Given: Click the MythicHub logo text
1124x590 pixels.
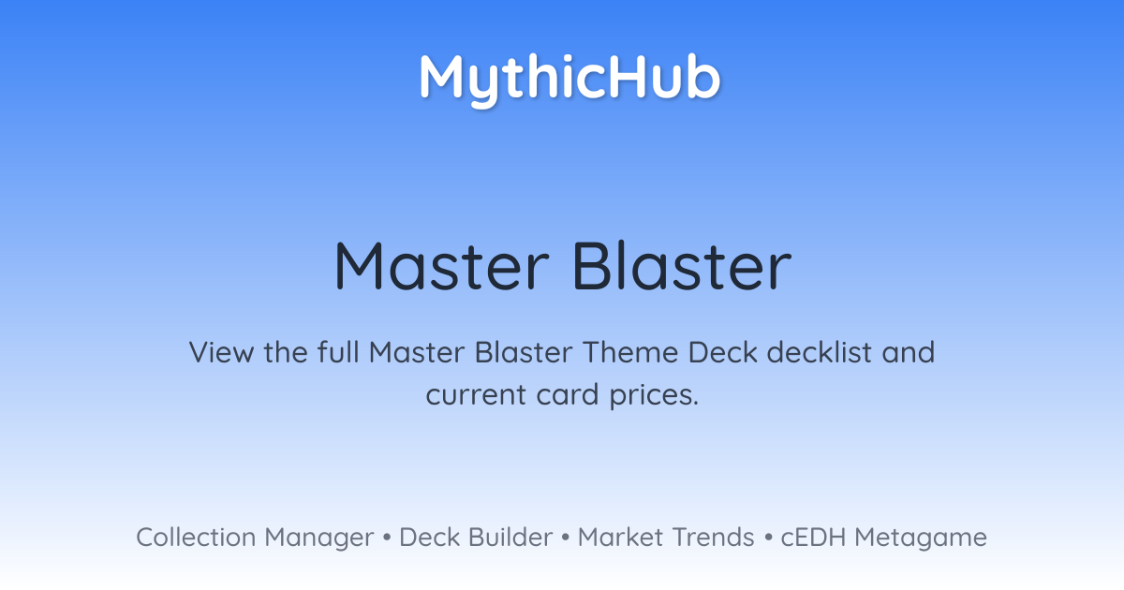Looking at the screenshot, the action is tap(570, 80).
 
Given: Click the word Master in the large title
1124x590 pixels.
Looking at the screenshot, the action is tap(442, 266).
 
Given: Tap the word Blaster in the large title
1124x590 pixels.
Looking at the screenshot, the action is tap(682, 266).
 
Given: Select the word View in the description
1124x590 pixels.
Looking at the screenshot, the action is tap(222, 352).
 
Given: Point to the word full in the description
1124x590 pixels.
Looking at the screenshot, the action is tap(339, 351).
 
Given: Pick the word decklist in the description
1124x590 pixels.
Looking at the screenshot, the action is tap(820, 351).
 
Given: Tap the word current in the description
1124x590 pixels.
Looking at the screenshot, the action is tap(475, 394).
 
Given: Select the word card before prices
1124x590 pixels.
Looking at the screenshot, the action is tap(568, 394).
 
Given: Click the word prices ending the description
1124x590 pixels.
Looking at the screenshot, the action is tap(654, 396).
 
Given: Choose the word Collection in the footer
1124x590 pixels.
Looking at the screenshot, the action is tap(196, 537).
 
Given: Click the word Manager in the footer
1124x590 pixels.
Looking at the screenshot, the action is tap(319, 538).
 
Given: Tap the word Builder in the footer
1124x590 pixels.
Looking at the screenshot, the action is tap(510, 537).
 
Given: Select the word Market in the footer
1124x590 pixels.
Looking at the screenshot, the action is tap(621, 537).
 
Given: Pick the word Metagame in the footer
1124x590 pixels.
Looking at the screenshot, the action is tap(921, 538).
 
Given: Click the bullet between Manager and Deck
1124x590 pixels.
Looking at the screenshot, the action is tap(386, 538).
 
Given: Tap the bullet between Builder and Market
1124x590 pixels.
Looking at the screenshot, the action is tap(566, 538).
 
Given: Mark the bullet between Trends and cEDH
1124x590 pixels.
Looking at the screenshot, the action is tap(768, 538).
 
